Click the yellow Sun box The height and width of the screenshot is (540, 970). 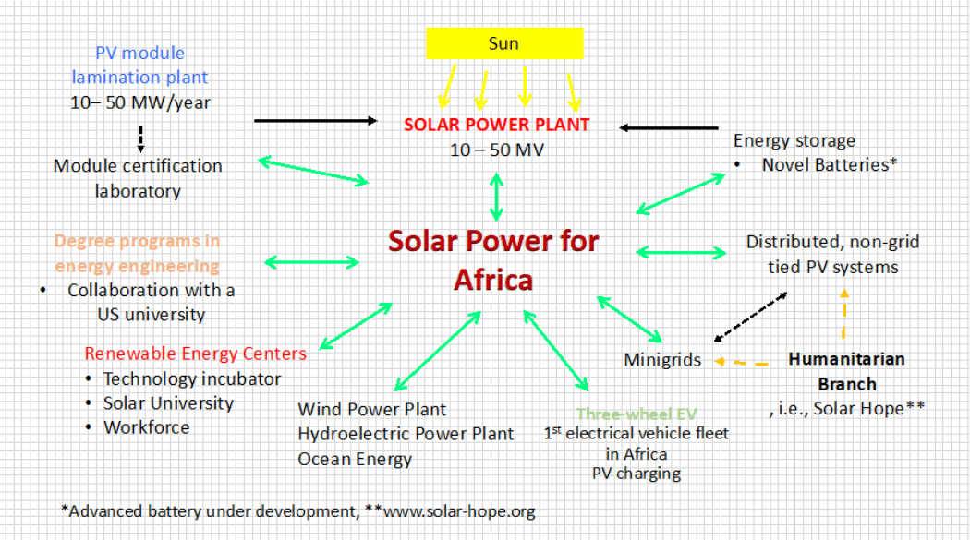(503, 43)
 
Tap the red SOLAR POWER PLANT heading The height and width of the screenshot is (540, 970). (497, 125)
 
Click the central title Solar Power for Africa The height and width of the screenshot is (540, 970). (493, 259)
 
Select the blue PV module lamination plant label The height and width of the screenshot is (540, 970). (139, 66)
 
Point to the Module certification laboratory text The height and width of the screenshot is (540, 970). (138, 178)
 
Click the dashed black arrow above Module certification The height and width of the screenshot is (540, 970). (140, 138)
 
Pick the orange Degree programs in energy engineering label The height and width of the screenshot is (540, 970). (137, 253)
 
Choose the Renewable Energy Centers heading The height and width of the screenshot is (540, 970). (195, 354)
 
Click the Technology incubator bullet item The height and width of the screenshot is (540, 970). (192, 379)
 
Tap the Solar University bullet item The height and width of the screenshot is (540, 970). (168, 403)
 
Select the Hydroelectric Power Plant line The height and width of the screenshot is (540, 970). (406, 434)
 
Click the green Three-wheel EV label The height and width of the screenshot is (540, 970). (636, 414)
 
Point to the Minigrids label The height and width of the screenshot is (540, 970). (662, 360)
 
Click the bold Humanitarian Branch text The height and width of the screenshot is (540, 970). (846, 371)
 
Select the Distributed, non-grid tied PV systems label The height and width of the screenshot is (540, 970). (832, 255)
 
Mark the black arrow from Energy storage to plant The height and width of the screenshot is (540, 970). (669, 127)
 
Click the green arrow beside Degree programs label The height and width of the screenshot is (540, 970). (312, 262)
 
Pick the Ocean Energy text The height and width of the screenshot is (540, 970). (355, 459)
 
